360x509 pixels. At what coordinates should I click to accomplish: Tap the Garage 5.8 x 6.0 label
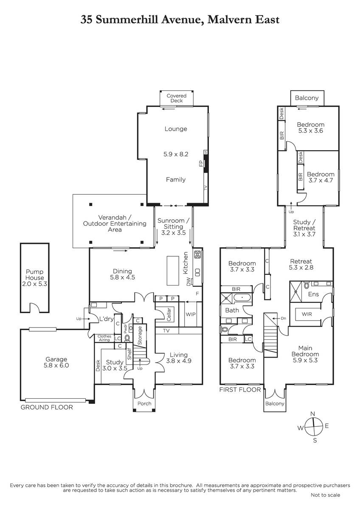point(56,362)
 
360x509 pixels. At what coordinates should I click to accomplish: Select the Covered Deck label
point(177,98)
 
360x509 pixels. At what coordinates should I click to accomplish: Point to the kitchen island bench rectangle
point(173,271)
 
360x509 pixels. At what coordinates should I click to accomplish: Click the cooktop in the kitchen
point(197,254)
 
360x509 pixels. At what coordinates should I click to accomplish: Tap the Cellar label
point(169,314)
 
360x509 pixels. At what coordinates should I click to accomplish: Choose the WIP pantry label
point(191,314)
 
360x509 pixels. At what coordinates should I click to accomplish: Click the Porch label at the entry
point(144,403)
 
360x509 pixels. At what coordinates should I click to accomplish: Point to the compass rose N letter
point(313,414)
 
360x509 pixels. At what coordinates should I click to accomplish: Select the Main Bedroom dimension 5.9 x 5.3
point(305,360)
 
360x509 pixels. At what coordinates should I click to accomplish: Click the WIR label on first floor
point(307,314)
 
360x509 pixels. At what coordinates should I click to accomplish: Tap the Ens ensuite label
point(313,294)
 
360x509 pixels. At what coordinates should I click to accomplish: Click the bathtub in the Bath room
point(242,297)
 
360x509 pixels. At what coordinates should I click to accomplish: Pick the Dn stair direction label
point(283,319)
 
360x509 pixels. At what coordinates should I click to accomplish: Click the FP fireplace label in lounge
point(201,163)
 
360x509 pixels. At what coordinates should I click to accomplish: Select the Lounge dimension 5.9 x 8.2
point(176,154)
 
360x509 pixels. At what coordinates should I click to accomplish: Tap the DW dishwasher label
point(188,282)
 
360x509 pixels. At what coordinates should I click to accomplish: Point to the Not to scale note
point(326,495)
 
